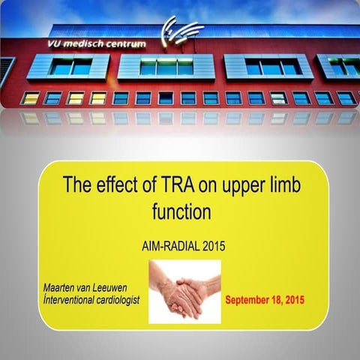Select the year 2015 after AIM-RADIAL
point(214,244)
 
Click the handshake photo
point(184,291)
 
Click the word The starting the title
point(79,184)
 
